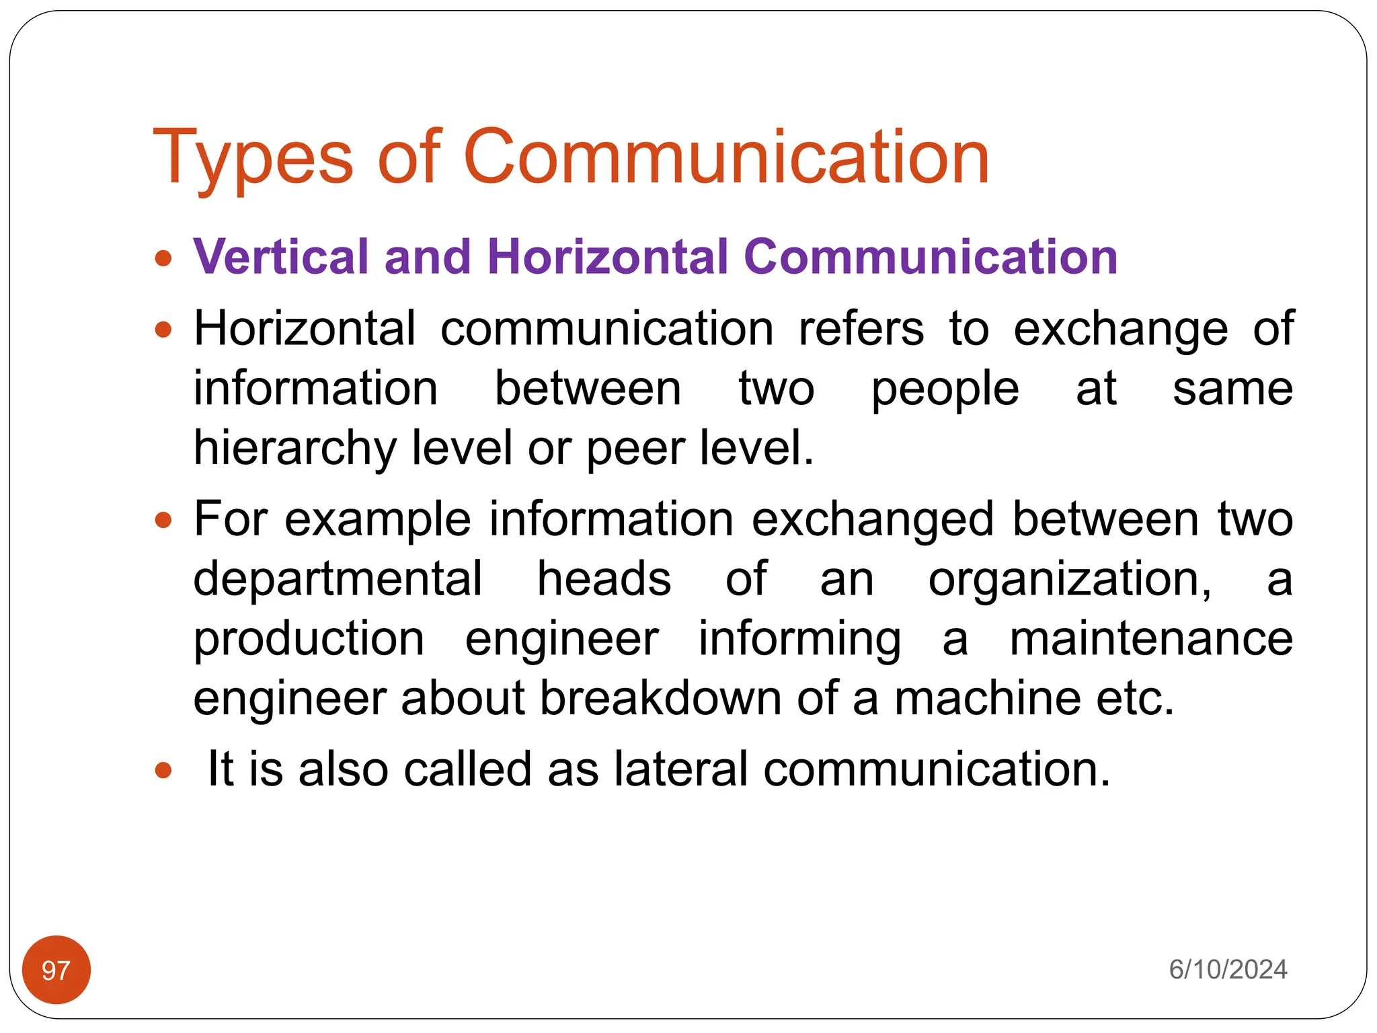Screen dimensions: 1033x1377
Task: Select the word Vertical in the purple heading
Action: tap(281, 257)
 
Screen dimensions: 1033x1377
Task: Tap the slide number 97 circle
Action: tap(56, 970)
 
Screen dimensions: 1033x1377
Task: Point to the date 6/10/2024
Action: tap(1228, 970)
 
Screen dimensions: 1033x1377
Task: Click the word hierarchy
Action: tap(294, 449)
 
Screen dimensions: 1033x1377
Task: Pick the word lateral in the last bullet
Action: tap(680, 769)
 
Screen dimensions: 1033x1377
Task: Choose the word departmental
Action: tap(338, 579)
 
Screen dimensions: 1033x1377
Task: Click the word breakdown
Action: tap(660, 698)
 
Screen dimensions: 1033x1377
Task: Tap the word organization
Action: tap(1070, 579)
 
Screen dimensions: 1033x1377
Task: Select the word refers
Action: tap(861, 329)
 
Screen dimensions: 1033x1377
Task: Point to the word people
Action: tap(945, 389)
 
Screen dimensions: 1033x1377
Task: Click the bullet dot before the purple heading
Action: tap(163, 258)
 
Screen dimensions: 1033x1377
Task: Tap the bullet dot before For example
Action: tap(163, 520)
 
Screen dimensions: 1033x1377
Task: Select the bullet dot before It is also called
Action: tap(163, 770)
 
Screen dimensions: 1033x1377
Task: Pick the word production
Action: tap(309, 640)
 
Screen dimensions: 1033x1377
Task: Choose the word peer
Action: tap(635, 449)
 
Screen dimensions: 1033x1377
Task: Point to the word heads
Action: tap(604, 579)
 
